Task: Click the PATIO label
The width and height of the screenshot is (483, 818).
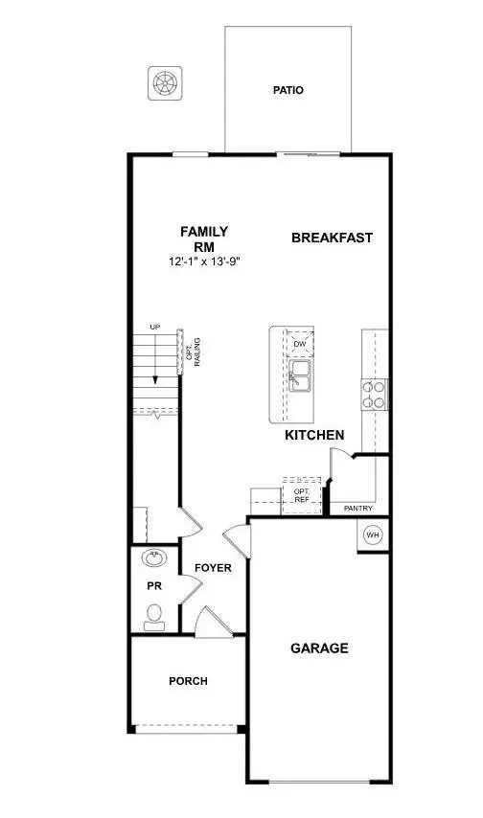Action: point(287,91)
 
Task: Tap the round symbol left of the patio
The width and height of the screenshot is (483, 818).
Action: point(165,83)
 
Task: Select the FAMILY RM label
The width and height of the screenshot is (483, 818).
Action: point(205,238)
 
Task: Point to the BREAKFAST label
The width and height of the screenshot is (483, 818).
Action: point(332,238)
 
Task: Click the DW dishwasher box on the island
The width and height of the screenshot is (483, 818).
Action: point(300,344)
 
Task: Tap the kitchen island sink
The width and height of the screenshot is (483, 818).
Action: point(300,375)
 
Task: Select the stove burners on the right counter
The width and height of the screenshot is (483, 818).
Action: point(374,395)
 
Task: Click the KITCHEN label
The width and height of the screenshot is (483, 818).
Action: point(314,435)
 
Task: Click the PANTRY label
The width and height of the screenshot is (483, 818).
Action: point(357,509)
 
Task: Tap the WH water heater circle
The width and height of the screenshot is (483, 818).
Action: point(373,534)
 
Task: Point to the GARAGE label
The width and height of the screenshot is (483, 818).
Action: point(319,648)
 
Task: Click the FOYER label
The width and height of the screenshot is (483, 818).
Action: point(213,568)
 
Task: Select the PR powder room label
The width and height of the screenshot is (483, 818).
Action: point(152,584)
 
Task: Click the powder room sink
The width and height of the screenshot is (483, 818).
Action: point(153,557)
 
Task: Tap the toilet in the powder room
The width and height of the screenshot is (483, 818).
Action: point(153,616)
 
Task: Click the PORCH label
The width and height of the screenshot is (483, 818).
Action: point(188,681)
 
